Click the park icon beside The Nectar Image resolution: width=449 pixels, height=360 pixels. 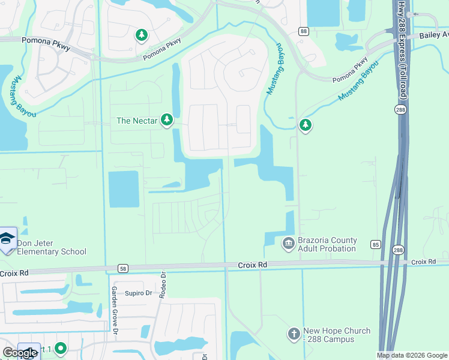(167, 121)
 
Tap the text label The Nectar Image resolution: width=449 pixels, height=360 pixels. (137, 121)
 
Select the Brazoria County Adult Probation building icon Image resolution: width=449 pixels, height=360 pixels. (288, 242)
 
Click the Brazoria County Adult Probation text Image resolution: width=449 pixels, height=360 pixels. (327, 244)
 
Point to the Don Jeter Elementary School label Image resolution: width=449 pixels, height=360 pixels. (52, 247)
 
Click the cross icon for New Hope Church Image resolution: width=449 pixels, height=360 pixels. (294, 333)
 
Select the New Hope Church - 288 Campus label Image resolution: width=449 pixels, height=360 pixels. (336, 335)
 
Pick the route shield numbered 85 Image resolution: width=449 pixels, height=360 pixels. (376, 244)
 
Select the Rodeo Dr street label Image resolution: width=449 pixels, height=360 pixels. (162, 284)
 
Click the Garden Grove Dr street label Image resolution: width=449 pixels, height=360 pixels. (113, 309)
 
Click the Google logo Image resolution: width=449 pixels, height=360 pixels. (19, 353)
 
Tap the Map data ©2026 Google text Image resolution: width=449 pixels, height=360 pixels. (411, 355)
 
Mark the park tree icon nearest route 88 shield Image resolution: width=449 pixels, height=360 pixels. (306, 125)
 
